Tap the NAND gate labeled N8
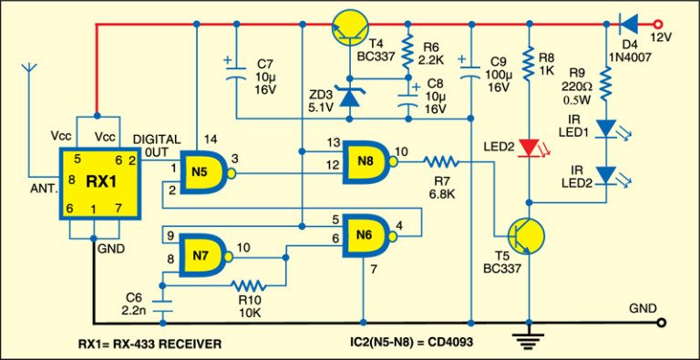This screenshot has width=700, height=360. pyautogui.click(x=365, y=162)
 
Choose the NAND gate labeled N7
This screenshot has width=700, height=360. pyautogui.click(x=201, y=254)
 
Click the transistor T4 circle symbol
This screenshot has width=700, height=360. pyautogui.click(x=352, y=28)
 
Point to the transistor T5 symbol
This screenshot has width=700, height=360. pyautogui.click(x=522, y=233)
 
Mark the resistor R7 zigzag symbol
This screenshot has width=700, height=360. pyautogui.click(x=446, y=162)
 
